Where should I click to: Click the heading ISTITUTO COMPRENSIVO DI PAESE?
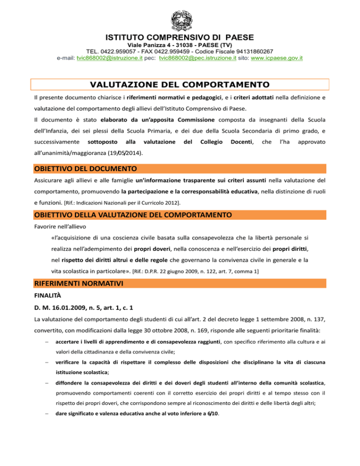180,37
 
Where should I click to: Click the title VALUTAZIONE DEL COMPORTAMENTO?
180,85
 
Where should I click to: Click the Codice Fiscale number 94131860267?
254,51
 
